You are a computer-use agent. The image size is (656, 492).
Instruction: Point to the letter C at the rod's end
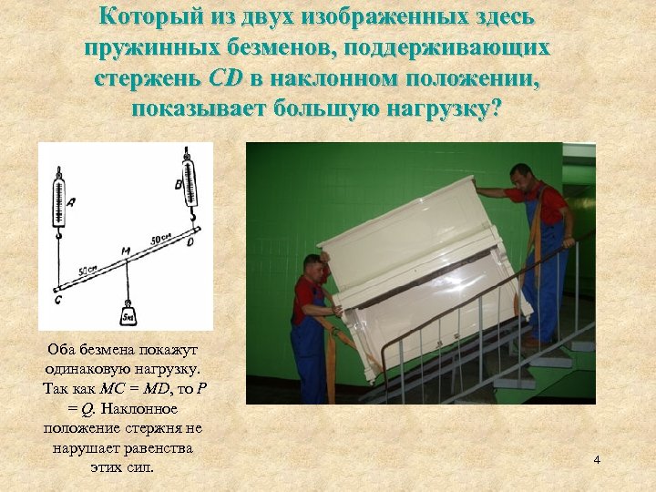(57, 299)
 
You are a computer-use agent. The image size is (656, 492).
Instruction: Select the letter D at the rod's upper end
(191, 242)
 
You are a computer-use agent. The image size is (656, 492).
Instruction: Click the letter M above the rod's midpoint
(126, 249)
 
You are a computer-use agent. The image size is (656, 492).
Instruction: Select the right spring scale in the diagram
(189, 182)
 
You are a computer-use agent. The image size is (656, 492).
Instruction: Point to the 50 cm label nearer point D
(161, 239)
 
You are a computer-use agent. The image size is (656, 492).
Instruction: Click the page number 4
(597, 460)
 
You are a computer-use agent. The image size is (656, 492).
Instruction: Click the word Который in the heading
(154, 16)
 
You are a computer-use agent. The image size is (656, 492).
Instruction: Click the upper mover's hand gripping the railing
(568, 242)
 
